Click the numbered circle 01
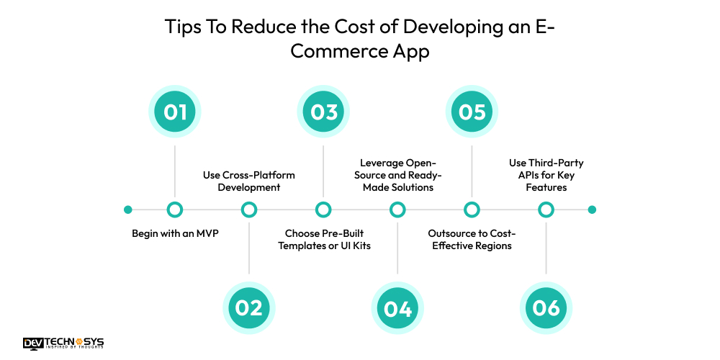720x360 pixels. tap(175, 112)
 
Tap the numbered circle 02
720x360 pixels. tap(249, 307)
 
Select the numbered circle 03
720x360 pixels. tap(324, 112)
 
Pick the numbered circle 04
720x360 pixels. tap(397, 307)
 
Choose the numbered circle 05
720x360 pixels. tap(472, 112)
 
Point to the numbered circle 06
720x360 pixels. tap(546, 307)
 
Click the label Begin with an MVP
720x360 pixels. tap(175, 234)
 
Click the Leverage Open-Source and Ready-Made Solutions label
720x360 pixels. tap(397, 175)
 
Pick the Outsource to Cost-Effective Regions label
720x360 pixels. tap(472, 240)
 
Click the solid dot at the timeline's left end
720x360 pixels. tap(128, 210)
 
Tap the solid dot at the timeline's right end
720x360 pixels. tap(592, 210)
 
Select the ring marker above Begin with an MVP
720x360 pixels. tap(175, 210)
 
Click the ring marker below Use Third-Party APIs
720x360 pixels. tap(546, 210)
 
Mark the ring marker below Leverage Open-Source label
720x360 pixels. tap(397, 210)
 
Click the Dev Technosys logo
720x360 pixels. tap(63, 343)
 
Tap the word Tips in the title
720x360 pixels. tap(180, 28)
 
